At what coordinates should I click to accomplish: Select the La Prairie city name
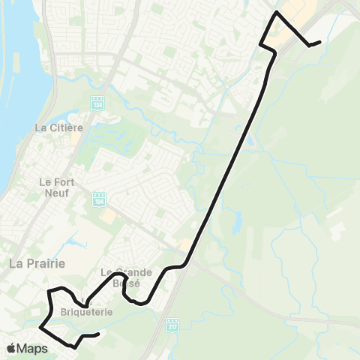pos(37,263)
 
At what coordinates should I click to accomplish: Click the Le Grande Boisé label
pos(127,277)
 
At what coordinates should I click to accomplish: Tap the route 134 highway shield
pos(97,103)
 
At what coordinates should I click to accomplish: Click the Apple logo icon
pos(11,348)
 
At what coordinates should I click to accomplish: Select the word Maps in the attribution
pos(32,348)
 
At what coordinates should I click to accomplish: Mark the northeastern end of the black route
pos(320,41)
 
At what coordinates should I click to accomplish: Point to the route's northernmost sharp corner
pos(277,13)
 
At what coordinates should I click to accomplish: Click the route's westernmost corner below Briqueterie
pos(40,328)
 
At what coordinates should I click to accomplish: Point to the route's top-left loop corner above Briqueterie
pos(49,289)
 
